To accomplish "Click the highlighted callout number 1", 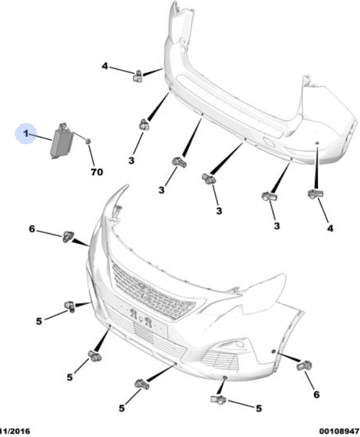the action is click(x=26, y=134).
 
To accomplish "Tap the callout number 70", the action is click(x=97, y=172).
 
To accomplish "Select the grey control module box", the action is click(x=62, y=141).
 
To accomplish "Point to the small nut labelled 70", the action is click(x=88, y=142).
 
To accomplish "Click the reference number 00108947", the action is click(x=339, y=432).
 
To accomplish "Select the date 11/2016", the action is click(x=14, y=432).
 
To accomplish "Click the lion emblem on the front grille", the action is click(x=146, y=293).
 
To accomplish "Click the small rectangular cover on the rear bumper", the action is click(x=268, y=142).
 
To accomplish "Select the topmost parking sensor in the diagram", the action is click(x=137, y=76).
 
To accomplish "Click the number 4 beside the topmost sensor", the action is click(x=105, y=66).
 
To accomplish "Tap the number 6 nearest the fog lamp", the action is click(x=316, y=394).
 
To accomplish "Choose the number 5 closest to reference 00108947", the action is click(x=259, y=408).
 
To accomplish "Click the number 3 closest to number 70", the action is click(x=131, y=160).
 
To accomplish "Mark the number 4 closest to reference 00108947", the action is click(x=330, y=229).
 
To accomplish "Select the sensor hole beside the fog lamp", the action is click(x=274, y=351).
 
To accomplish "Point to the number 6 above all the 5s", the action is click(x=32, y=229).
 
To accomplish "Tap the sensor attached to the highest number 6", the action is click(x=68, y=237).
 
